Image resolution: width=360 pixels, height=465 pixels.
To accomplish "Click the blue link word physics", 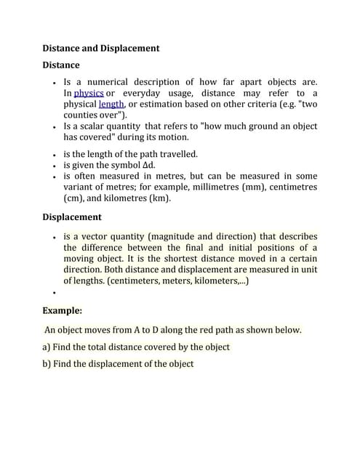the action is click(88, 94).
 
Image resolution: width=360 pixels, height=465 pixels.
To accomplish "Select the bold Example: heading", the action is click(63, 310).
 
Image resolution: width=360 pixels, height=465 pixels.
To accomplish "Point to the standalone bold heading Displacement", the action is click(72, 217).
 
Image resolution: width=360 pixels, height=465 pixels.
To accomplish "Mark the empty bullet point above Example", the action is click(55, 293).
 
